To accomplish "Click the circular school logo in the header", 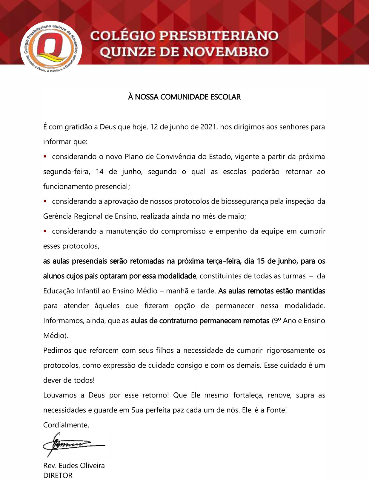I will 51,48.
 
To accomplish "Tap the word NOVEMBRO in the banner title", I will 226,52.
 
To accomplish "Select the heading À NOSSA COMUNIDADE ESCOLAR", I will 184,97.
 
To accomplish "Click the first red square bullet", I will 45,156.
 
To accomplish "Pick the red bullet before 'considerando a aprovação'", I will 45,201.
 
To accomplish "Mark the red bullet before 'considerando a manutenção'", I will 45,231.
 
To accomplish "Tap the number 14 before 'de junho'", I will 99,172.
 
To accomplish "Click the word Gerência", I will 57,216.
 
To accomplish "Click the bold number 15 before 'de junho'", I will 261,261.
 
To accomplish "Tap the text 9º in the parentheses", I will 277,321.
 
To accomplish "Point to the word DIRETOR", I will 58,476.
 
